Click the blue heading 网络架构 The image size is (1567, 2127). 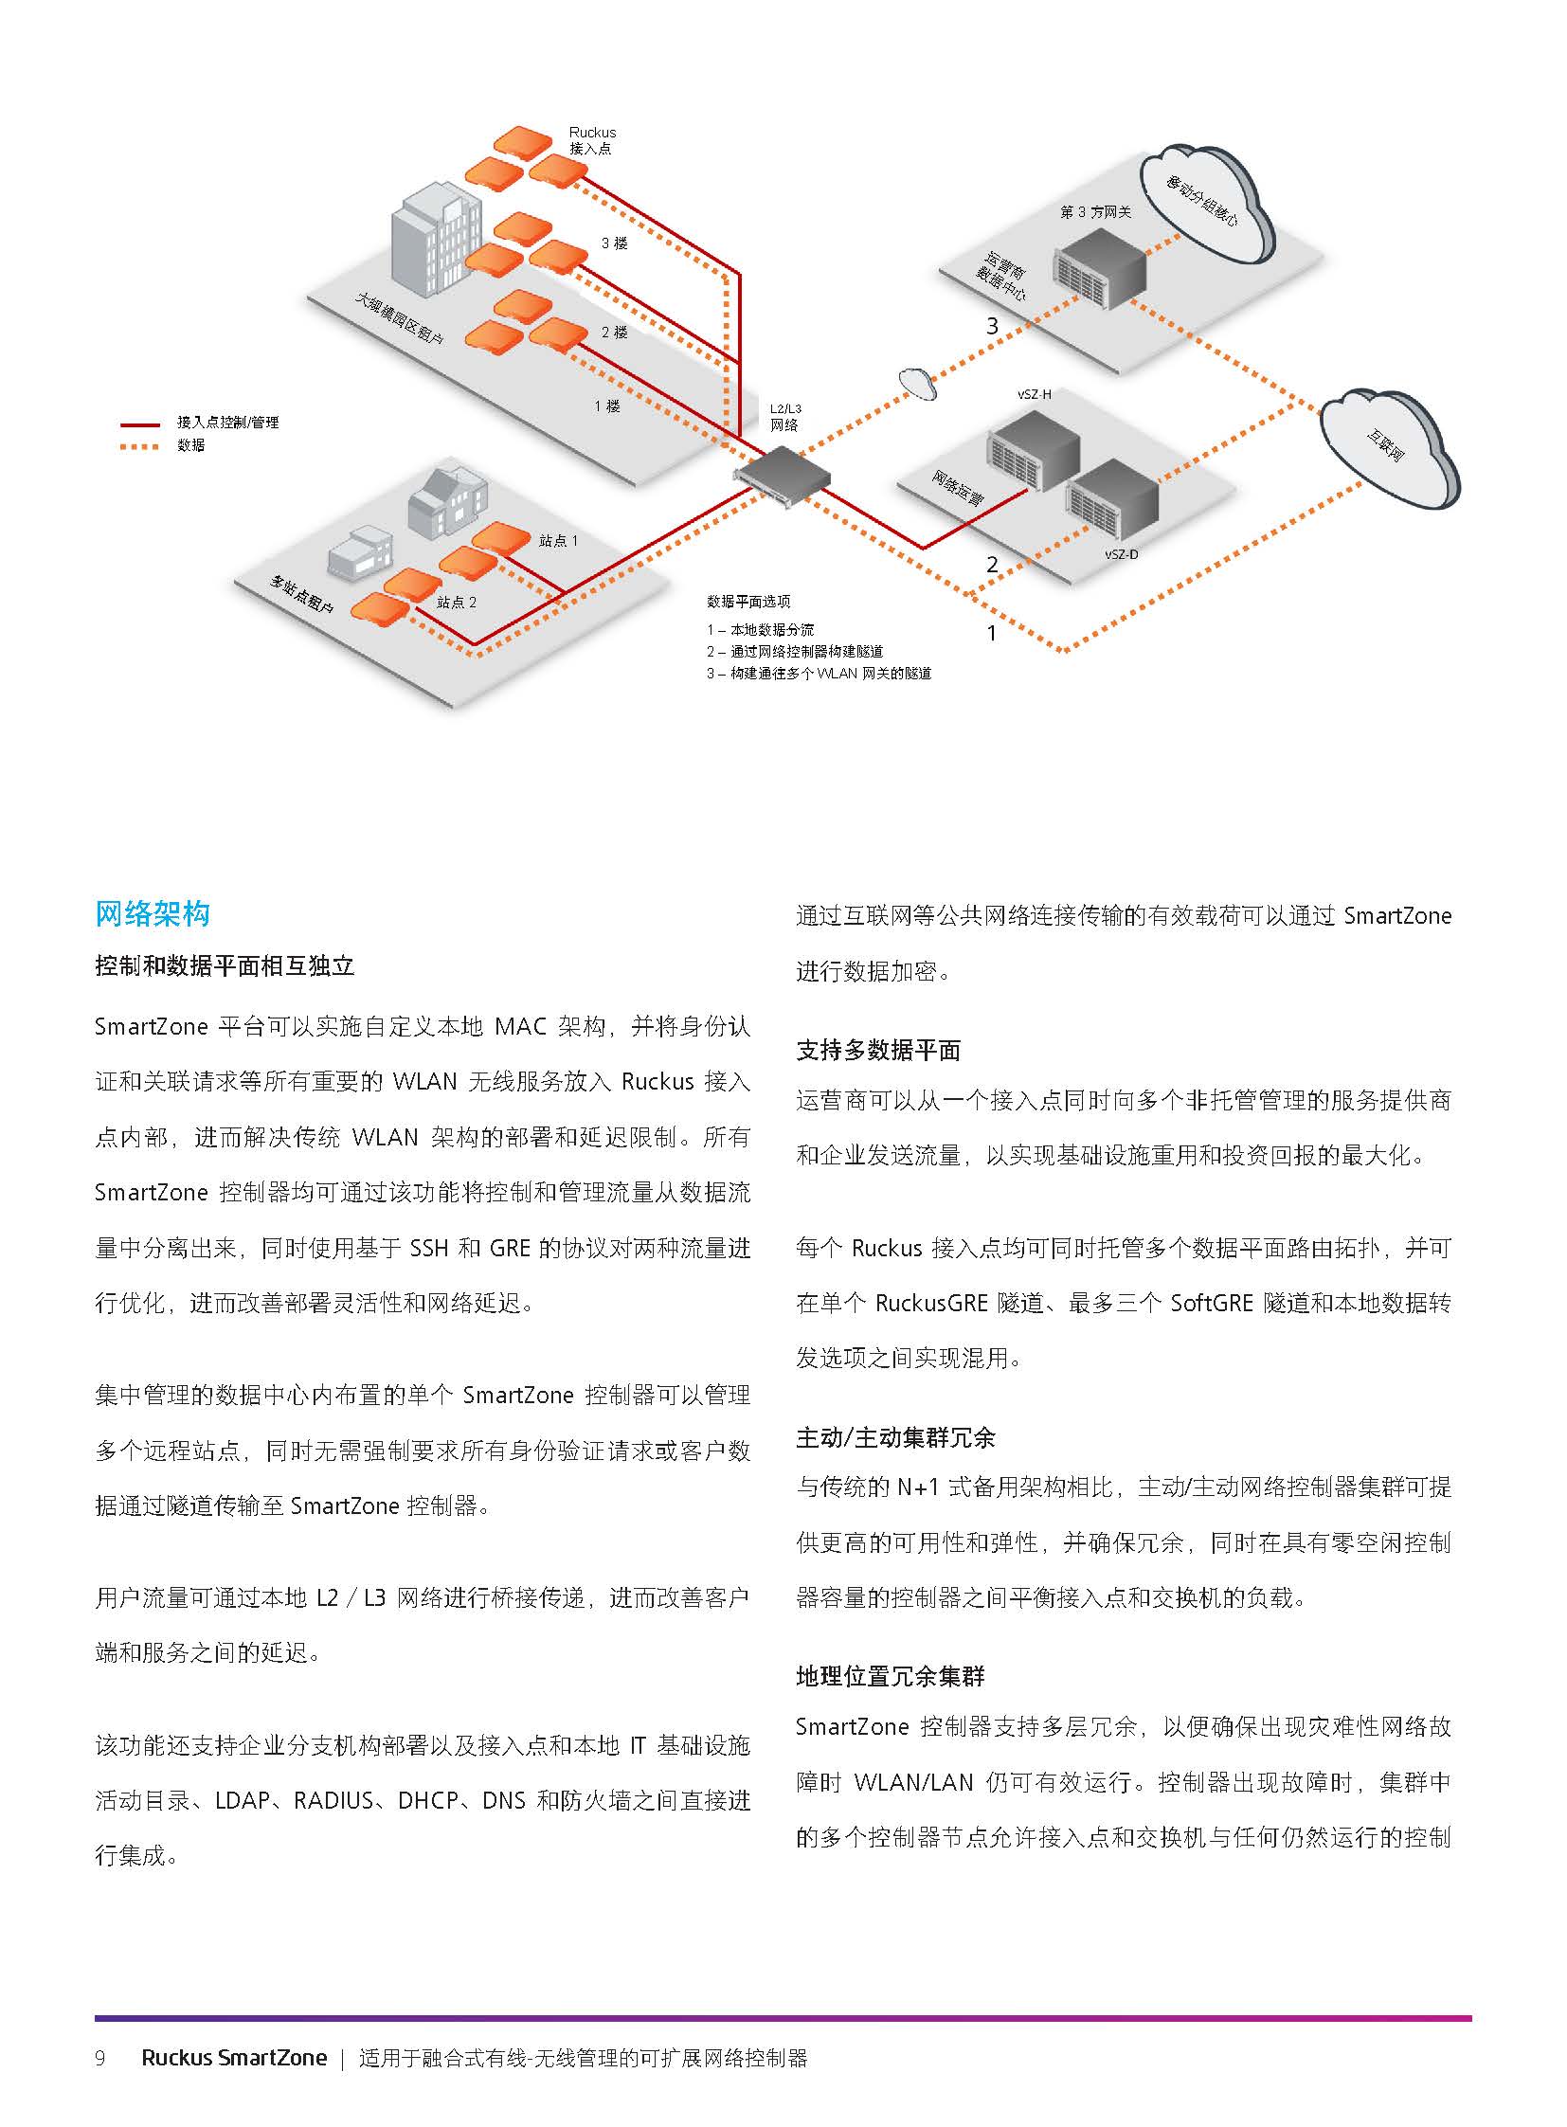click(152, 913)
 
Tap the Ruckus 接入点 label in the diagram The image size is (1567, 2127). click(592, 140)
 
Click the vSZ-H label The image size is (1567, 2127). click(1034, 394)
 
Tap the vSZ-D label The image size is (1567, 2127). click(1121, 554)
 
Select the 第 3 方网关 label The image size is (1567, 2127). click(1095, 211)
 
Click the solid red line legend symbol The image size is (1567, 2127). click(138, 424)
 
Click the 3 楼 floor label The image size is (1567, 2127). click(614, 243)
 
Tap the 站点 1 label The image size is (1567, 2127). click(558, 541)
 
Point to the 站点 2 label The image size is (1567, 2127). click(457, 603)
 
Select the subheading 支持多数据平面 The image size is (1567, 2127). click(878, 1050)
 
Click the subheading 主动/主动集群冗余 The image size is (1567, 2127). click(895, 1438)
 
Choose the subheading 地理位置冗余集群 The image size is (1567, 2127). click(891, 1676)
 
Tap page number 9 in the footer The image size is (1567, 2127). click(100, 2058)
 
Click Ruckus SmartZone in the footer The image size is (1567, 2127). click(234, 2058)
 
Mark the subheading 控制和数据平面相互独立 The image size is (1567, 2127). click(225, 965)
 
